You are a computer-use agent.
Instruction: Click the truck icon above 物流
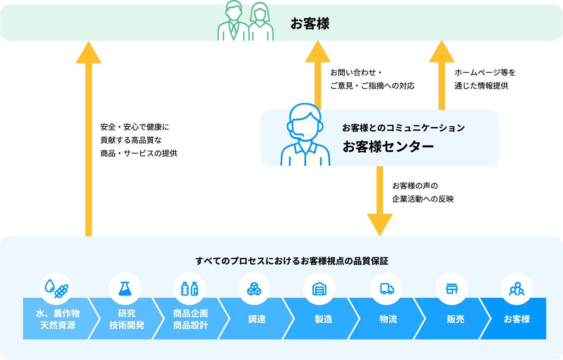coord(386,289)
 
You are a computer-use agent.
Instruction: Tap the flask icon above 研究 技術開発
coord(125,289)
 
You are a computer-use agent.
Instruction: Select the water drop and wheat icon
coord(56,288)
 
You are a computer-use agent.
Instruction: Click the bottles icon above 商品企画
coord(190,289)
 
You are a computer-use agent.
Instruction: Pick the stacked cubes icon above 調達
coord(254,289)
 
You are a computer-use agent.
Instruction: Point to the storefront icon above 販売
coord(452,289)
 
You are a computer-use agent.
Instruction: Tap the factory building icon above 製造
coord(319,289)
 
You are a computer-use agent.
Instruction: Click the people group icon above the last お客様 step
coord(517,289)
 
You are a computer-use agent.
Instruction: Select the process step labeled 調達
coord(257,319)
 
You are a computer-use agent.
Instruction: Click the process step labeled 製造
coord(323,319)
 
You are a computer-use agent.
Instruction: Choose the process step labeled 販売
coord(455,319)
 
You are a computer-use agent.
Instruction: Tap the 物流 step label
coord(388,319)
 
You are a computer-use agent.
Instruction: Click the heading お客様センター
coord(388,147)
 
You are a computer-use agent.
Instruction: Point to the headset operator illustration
coord(305,136)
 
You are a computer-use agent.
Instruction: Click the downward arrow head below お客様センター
coord(380,224)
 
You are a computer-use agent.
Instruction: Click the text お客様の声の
coord(415,186)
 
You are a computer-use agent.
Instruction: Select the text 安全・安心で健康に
coord(135,127)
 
